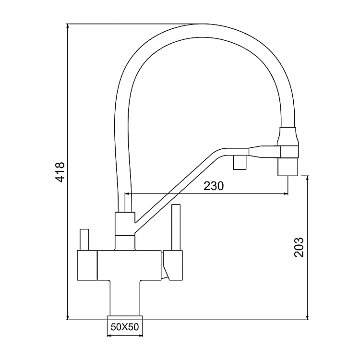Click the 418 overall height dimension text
[60, 171]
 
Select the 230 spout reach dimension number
[214, 186]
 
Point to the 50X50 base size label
[125, 328]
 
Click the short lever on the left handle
[85, 239]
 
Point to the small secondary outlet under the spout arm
[239, 163]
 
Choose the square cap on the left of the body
[87, 265]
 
